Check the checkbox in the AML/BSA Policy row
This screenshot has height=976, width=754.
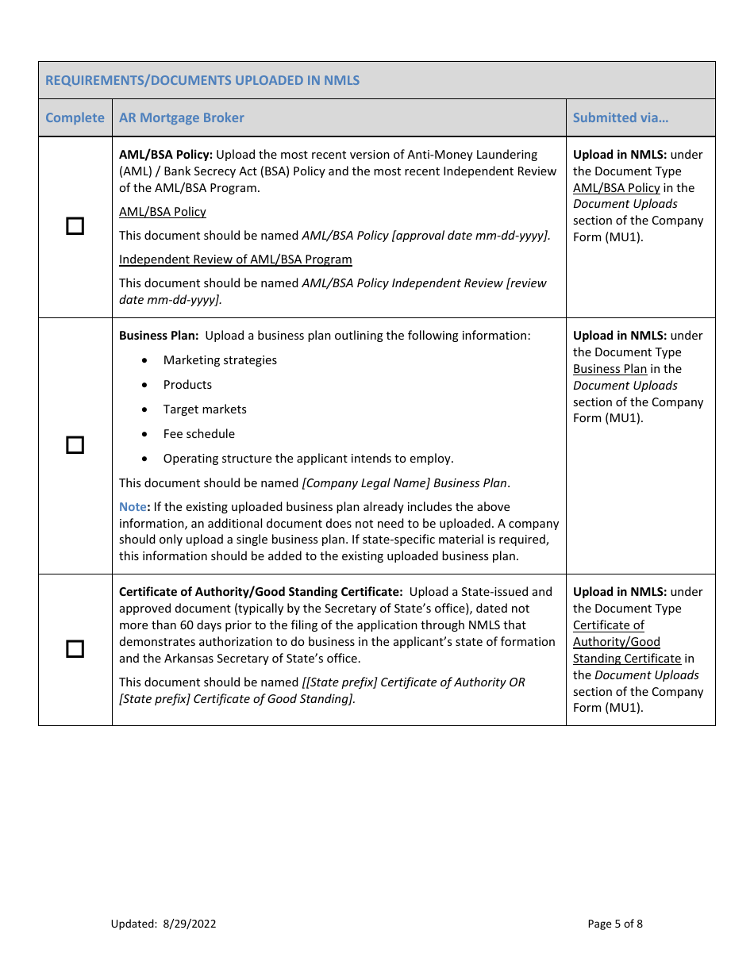click(75, 227)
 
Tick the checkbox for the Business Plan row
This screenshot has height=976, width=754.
click(75, 445)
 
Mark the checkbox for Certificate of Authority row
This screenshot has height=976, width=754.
click(75, 649)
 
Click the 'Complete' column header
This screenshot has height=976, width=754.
click(75, 117)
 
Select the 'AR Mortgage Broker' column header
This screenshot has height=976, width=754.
click(181, 117)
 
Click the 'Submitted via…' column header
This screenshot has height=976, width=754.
click(621, 117)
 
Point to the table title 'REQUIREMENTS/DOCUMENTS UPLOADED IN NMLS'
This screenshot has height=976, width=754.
click(202, 80)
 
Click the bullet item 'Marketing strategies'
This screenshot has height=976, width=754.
click(220, 360)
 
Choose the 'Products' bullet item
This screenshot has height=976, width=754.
click(187, 385)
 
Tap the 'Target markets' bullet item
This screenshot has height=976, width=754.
click(205, 409)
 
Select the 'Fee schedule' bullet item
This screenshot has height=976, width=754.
click(198, 434)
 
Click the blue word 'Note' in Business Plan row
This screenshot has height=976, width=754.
click(133, 507)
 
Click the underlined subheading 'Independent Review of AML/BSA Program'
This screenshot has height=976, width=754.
click(235, 259)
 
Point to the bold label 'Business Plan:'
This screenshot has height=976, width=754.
click(159, 336)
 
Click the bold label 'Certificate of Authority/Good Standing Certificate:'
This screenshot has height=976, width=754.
click(260, 592)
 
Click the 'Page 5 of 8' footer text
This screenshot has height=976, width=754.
click(615, 924)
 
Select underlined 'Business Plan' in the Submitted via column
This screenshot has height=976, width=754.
click(610, 369)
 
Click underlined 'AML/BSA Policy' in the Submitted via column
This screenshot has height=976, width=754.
click(616, 188)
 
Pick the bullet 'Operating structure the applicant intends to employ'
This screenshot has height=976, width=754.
click(308, 459)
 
